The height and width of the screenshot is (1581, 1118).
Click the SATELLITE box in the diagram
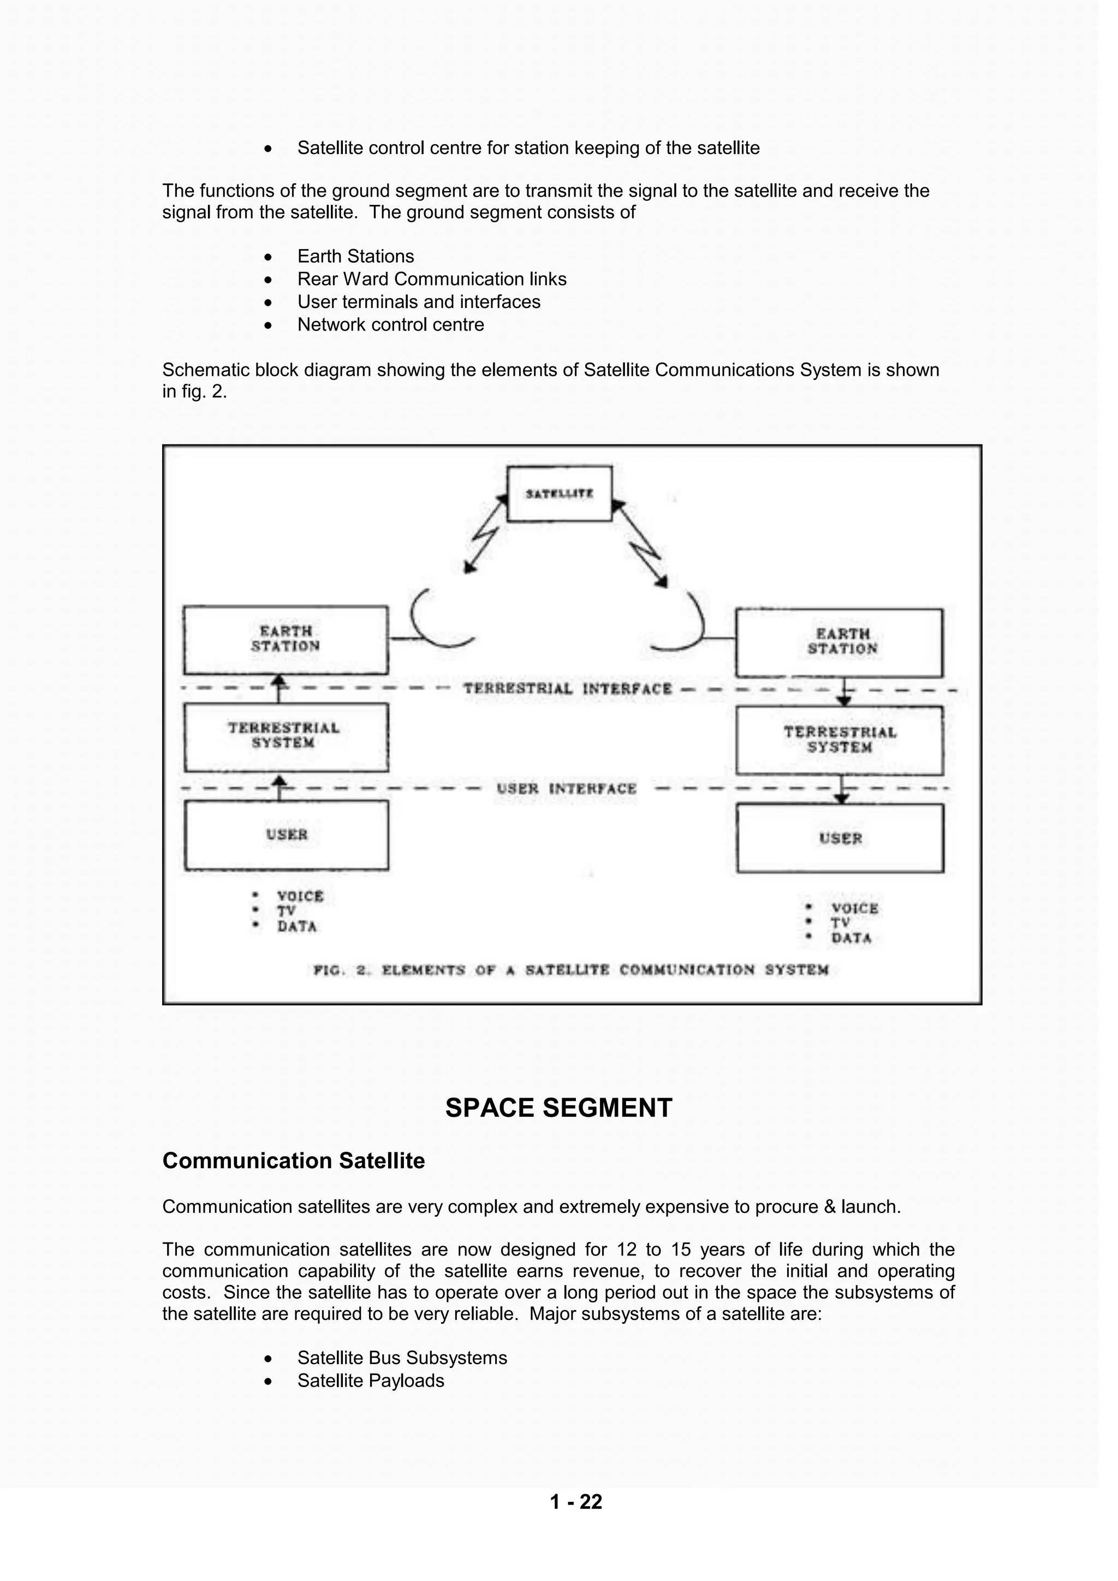click(x=559, y=494)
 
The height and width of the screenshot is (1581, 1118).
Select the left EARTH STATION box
click(x=286, y=639)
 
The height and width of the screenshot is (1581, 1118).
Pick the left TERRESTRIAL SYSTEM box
click(x=286, y=736)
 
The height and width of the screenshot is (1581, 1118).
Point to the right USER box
click(x=840, y=838)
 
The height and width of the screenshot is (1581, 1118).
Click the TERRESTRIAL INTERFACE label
click(x=567, y=689)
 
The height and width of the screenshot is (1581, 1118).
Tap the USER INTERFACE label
click(x=567, y=789)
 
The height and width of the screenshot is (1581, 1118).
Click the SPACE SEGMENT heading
click(x=558, y=1108)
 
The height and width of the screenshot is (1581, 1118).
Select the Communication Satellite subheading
click(x=293, y=1161)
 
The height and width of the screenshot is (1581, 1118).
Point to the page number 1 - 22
click(x=576, y=1502)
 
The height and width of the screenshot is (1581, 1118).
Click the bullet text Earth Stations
click(x=355, y=256)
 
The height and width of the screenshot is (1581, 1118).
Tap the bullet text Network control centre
click(x=390, y=324)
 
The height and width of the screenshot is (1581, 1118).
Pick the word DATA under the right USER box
click(x=852, y=938)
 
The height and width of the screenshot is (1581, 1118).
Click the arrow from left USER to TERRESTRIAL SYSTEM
click(x=279, y=787)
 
